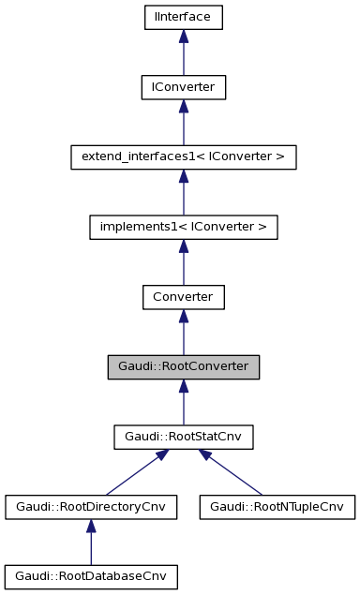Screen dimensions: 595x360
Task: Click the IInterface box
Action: (183, 16)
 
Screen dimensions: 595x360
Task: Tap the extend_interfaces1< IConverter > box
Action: (183, 156)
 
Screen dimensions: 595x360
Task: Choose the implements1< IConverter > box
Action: (183, 227)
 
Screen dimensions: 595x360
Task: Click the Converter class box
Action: (183, 297)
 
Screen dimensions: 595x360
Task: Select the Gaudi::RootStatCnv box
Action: (183, 437)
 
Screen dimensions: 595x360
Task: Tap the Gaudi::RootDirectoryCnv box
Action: (90, 507)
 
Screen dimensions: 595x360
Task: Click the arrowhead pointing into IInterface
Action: (183, 36)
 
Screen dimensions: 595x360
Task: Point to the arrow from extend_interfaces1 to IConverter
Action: (183, 122)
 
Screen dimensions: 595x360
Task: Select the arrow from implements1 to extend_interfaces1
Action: (183, 192)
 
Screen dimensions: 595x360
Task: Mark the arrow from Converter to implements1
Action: (183, 262)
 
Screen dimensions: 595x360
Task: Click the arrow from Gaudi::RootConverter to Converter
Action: (183, 333)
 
